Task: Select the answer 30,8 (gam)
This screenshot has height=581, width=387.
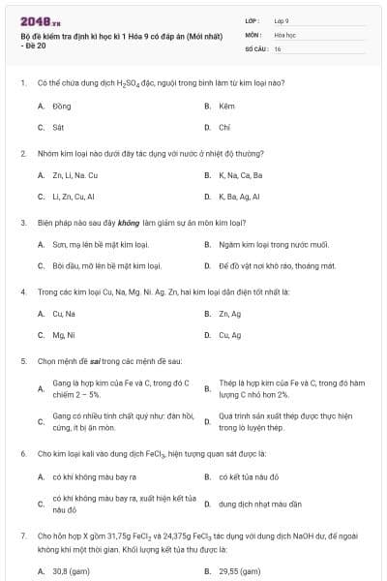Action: click(71, 571)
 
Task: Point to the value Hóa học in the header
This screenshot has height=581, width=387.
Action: click(285, 33)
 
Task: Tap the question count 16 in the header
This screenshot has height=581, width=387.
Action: click(278, 47)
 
